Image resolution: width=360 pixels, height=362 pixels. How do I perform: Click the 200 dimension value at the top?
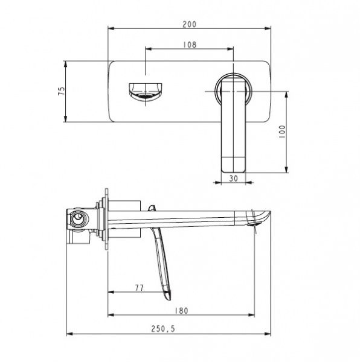pos(189,24)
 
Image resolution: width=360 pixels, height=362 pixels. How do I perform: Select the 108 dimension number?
pos(190,45)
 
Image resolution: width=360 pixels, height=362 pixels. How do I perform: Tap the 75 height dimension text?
pos(62,91)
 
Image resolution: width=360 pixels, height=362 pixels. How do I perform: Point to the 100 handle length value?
pos(282,132)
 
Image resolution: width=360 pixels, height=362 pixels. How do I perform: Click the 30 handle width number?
pos(233,178)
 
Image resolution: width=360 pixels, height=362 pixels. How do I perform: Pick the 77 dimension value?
pos(140,288)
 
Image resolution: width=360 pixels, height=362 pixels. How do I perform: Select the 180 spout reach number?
pos(181,311)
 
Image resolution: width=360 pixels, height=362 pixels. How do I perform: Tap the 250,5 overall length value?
pos(163,329)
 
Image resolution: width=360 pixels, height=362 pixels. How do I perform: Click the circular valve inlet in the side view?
pos(78,218)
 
